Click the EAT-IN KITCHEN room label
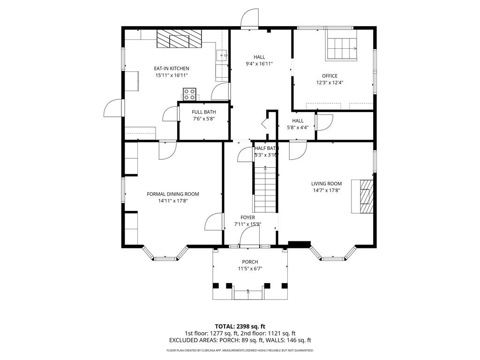[x=172, y=68]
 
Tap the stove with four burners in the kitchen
[x=189, y=94]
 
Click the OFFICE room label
[x=330, y=76]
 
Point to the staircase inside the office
[x=341, y=48]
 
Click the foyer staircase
[x=266, y=190]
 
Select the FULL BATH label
[x=204, y=112]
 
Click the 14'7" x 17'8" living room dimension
[x=326, y=190]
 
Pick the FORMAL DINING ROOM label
[x=173, y=194]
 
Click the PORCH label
[x=250, y=262]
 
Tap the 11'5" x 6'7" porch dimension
[x=250, y=269]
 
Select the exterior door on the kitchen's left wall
[x=113, y=109]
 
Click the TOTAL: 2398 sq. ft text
[x=240, y=326]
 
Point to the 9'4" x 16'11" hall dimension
[x=259, y=64]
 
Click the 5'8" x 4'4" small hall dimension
[x=298, y=127]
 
